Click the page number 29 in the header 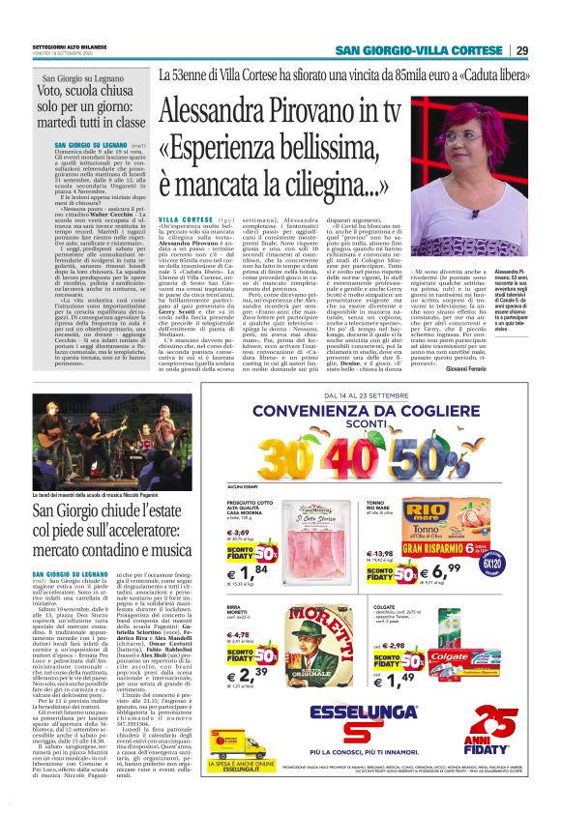click(x=521, y=50)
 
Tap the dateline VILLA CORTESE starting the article click(x=180, y=220)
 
